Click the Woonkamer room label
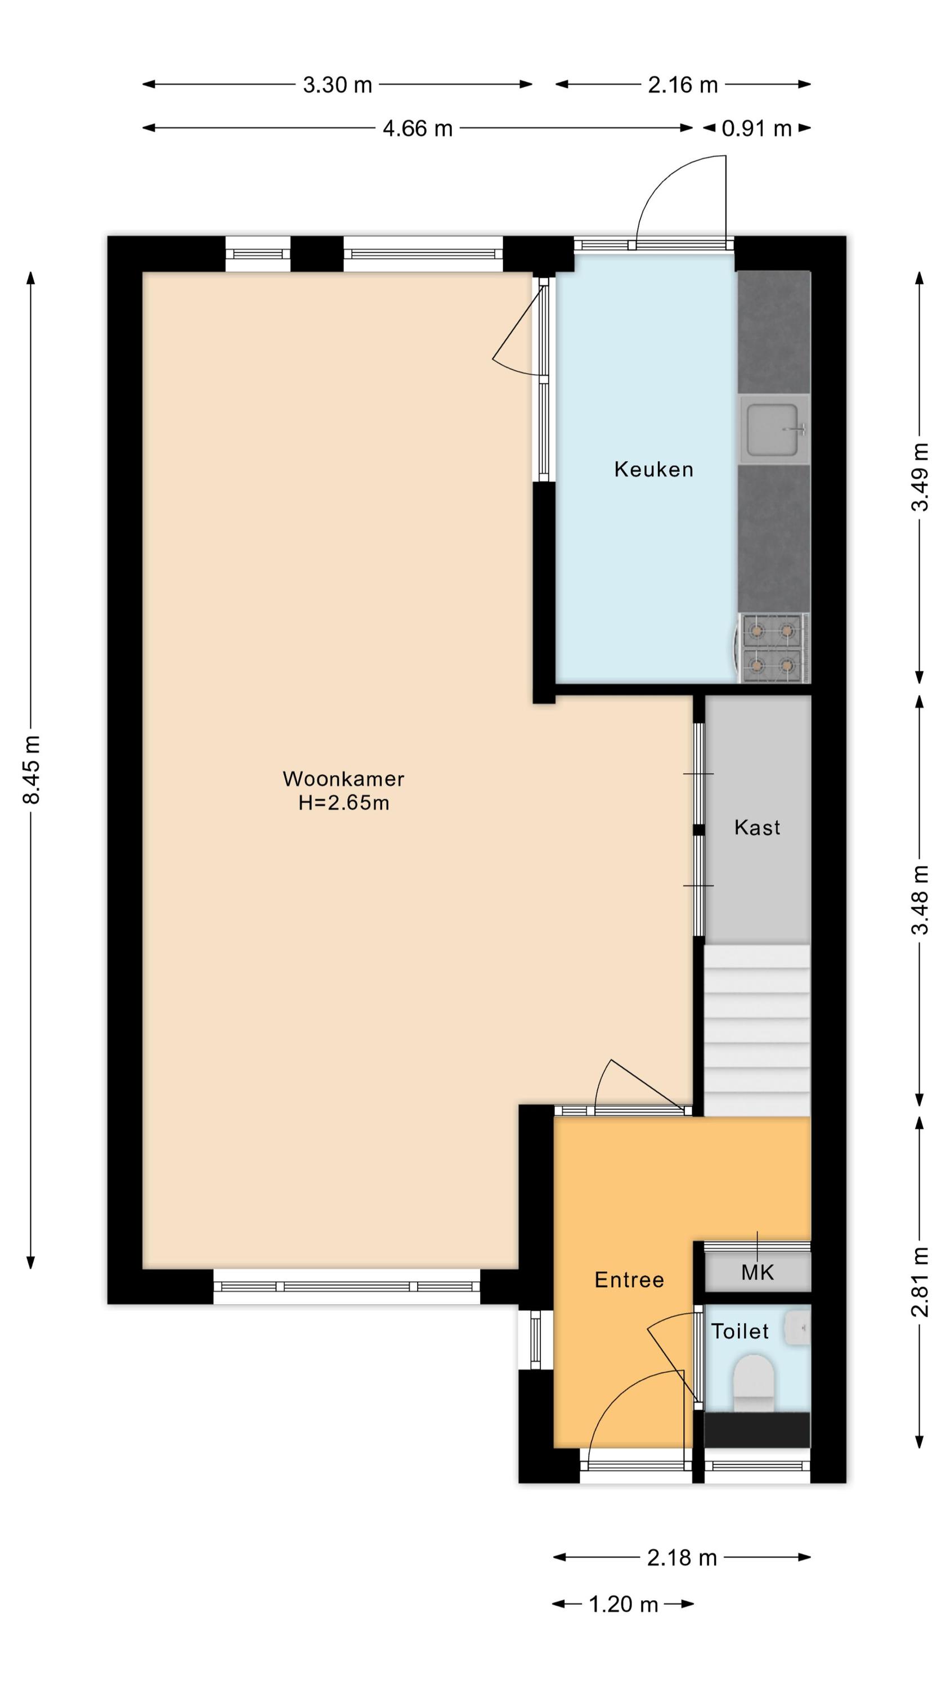tap(343, 779)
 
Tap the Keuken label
tap(653, 469)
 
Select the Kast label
tap(758, 828)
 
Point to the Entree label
tap(629, 1280)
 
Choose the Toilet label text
tap(740, 1331)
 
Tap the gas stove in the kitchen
tap(772, 648)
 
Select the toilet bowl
tap(754, 1382)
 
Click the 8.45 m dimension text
tap(32, 770)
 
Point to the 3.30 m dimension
tap(337, 85)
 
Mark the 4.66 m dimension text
tap(418, 128)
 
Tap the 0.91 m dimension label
tap(756, 128)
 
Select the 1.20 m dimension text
tap(623, 1604)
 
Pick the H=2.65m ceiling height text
tap(343, 803)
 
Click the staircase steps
tap(758, 1030)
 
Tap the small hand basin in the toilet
tap(797, 1327)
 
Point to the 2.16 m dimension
tap(683, 85)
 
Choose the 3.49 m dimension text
tap(920, 477)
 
